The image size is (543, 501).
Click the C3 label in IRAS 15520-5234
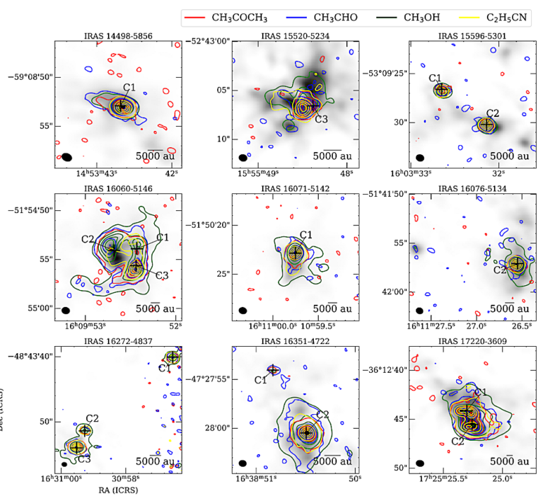click(x=321, y=119)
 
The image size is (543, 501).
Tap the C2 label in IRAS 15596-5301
click(x=492, y=113)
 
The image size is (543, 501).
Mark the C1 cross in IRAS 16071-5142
click(x=296, y=253)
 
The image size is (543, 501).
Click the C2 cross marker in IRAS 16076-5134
click(x=517, y=263)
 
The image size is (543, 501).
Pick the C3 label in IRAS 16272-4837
click(x=84, y=459)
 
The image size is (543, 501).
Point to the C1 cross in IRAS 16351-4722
click(x=273, y=369)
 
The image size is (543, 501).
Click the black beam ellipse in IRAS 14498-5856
click(x=66, y=156)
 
